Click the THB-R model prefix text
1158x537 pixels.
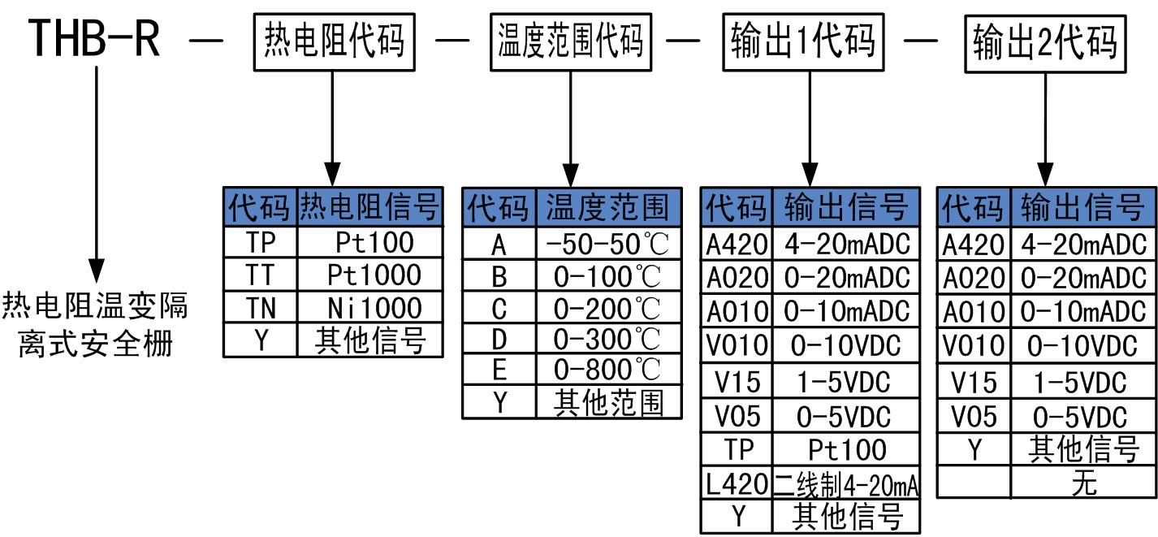tap(94, 39)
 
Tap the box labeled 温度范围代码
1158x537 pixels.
tap(571, 39)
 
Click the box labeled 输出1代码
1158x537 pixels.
tap(803, 39)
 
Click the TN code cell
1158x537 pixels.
tap(261, 308)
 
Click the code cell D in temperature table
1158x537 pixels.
tap(499, 339)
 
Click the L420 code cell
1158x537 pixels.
tap(736, 485)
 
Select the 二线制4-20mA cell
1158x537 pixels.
tap(845, 485)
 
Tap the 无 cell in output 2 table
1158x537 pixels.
tap(1083, 483)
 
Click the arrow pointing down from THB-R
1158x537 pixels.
tap(97, 171)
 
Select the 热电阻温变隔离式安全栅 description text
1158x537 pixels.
tap(96, 325)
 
